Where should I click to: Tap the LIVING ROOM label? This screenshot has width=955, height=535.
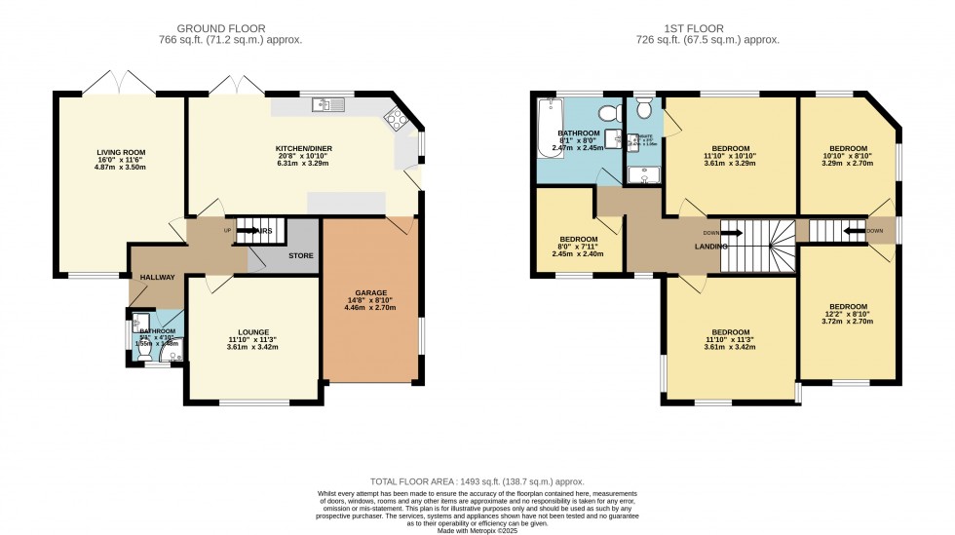[121, 153]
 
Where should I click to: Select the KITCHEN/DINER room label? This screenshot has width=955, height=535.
[304, 147]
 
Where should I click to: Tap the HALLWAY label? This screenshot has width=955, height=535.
[156, 278]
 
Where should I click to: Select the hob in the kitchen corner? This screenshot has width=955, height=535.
[399, 120]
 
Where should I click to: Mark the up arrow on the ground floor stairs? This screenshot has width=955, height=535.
[242, 231]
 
